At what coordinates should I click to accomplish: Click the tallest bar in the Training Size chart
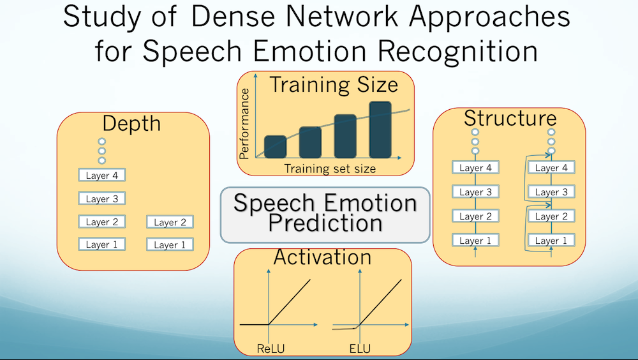click(380, 129)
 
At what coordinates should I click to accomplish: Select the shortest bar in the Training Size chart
click(275, 146)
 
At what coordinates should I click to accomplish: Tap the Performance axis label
click(244, 123)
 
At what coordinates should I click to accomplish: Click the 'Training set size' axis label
click(329, 169)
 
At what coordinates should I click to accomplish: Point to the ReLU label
click(268, 349)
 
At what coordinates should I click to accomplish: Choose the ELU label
click(359, 349)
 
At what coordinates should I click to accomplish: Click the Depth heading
click(132, 123)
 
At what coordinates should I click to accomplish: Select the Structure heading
click(510, 118)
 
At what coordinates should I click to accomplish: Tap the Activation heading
click(322, 257)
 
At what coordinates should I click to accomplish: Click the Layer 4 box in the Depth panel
click(102, 175)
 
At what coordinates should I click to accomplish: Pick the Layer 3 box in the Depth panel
click(102, 199)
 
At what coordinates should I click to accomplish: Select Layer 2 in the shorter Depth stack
click(170, 222)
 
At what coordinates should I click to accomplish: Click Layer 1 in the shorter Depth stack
click(170, 244)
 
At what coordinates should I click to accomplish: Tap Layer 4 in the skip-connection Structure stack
click(551, 168)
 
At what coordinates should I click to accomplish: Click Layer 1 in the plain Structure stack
click(475, 241)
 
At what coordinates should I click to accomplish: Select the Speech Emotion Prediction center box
click(325, 214)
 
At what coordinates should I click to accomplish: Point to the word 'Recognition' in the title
click(443, 51)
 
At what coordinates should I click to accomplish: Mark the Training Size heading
click(333, 85)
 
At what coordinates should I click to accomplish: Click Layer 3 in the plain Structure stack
click(475, 192)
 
